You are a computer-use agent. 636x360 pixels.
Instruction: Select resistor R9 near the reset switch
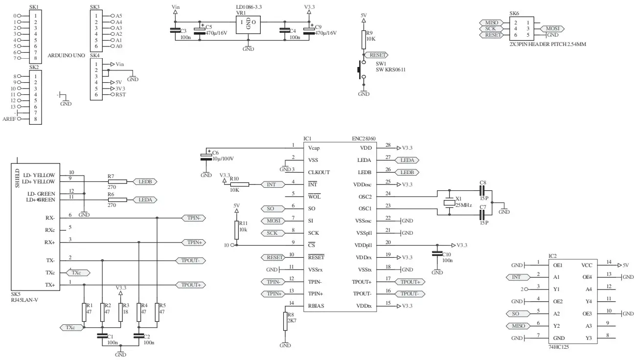click(363, 40)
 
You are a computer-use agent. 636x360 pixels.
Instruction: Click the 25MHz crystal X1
click(449, 202)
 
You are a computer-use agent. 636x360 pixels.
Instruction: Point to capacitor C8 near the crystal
click(482, 191)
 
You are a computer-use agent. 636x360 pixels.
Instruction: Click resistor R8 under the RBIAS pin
click(285, 321)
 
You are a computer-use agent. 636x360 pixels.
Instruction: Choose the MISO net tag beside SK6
click(491, 22)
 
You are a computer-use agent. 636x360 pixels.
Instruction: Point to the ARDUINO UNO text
click(67, 55)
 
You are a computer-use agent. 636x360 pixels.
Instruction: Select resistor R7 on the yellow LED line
click(117, 181)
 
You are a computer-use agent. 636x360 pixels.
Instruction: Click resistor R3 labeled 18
click(120, 312)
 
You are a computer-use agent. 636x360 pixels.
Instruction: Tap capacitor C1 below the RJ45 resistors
click(102, 336)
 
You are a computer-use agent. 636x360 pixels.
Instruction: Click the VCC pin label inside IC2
click(587, 265)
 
